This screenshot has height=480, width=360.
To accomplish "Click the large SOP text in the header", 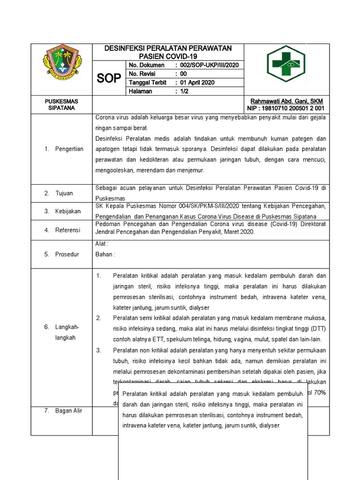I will (109, 78).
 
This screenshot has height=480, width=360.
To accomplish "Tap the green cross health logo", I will (285, 63).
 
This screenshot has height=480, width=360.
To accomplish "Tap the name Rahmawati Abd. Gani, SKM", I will (286, 101).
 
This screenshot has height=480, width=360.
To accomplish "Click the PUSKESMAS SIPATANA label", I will (61, 105).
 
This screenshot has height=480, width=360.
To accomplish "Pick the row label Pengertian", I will (70, 149).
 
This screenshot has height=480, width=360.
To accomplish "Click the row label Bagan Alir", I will (69, 411).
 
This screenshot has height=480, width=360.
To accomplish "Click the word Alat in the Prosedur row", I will (101, 244).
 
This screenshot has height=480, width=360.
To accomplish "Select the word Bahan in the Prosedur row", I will (104, 255).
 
